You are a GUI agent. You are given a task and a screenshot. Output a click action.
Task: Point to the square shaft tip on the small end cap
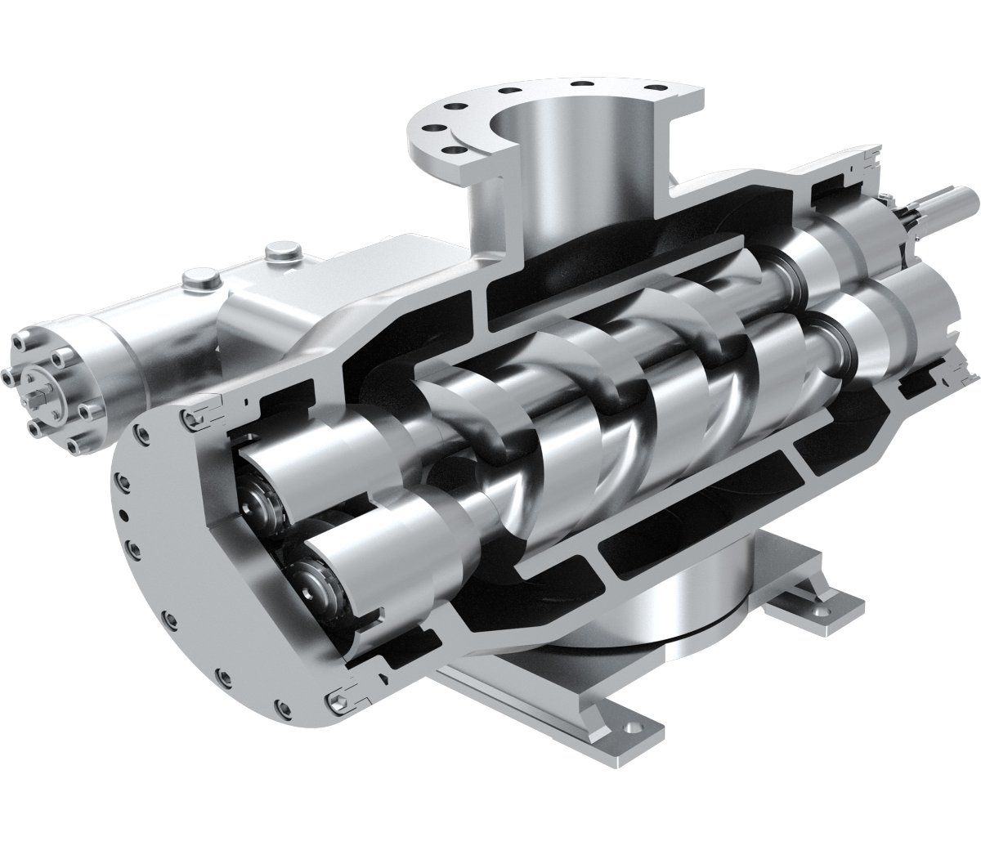coord(35,377)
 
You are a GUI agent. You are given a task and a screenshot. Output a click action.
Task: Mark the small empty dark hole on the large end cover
coord(123,514)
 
